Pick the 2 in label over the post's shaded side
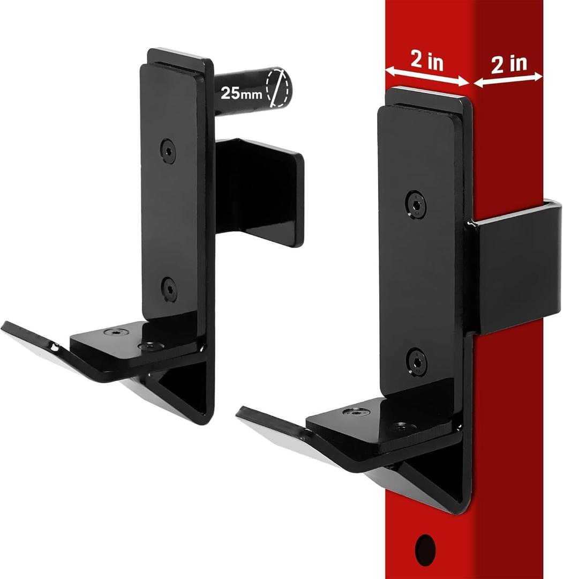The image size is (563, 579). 508,64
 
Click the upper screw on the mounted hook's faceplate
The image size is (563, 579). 416,204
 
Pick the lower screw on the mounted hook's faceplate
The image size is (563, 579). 416,361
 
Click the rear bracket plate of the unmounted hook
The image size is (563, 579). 260,190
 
